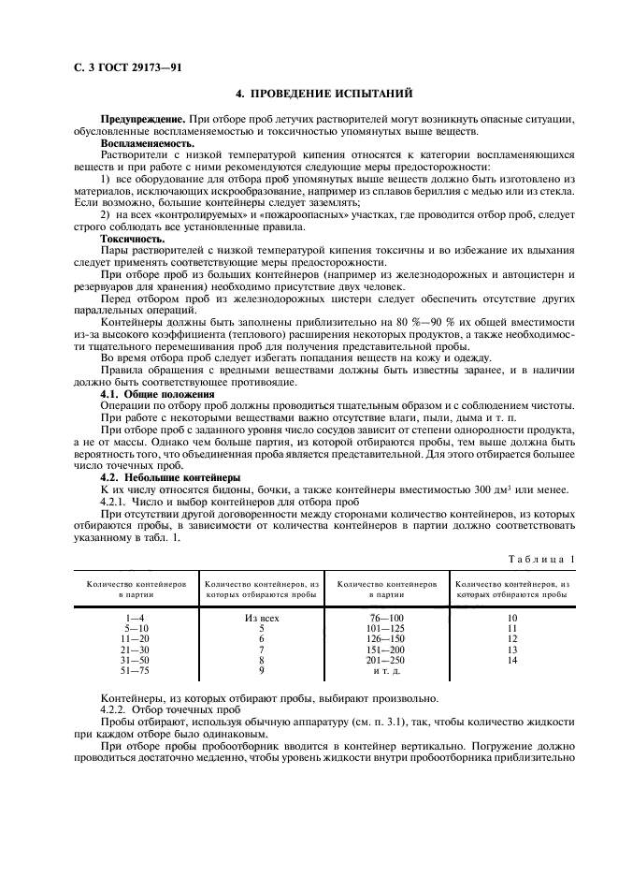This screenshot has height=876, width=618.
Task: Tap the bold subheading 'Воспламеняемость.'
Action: [x=145, y=143]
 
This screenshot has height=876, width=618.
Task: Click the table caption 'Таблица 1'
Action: [x=541, y=559]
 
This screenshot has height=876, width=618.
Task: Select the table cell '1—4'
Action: [x=138, y=619]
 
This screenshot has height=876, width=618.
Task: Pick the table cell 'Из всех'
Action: [x=262, y=619]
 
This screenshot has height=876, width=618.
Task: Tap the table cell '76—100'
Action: [x=387, y=619]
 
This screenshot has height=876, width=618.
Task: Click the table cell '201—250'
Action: [x=387, y=660]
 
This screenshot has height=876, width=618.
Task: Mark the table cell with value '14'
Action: [x=511, y=660]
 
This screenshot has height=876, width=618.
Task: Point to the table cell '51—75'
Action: [x=138, y=670]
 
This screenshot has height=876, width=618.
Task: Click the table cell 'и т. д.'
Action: [x=387, y=671]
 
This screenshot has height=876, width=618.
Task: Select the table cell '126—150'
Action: [x=387, y=639]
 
